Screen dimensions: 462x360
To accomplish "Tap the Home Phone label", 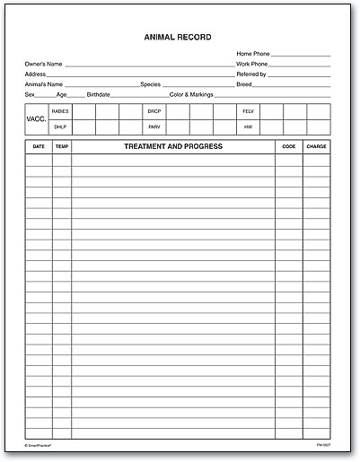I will (x=252, y=55).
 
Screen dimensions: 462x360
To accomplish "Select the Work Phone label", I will (x=252, y=65).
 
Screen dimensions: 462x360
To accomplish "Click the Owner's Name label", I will (x=44, y=65).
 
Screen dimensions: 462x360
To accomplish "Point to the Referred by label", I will (x=251, y=74).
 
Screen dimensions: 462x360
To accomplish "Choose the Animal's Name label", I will (x=45, y=84).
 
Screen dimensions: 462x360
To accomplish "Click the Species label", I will (x=150, y=84).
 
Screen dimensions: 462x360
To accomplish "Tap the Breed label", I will (x=244, y=84).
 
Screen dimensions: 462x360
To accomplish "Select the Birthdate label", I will (x=98, y=94).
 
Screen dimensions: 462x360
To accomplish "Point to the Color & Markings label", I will (x=190, y=94).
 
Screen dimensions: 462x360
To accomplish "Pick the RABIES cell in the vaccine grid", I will (x=60, y=111).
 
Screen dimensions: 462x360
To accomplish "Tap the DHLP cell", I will (x=59, y=127).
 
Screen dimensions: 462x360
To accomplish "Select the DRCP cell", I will (x=154, y=111).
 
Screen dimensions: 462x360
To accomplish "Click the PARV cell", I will (x=154, y=127).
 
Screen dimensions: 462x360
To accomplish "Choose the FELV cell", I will (x=248, y=111).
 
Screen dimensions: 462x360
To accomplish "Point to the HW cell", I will (x=248, y=127).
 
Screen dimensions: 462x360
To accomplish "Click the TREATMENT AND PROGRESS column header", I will (x=173, y=146).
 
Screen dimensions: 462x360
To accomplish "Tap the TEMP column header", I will (x=61, y=146).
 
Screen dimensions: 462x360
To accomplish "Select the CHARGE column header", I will (x=316, y=146).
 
